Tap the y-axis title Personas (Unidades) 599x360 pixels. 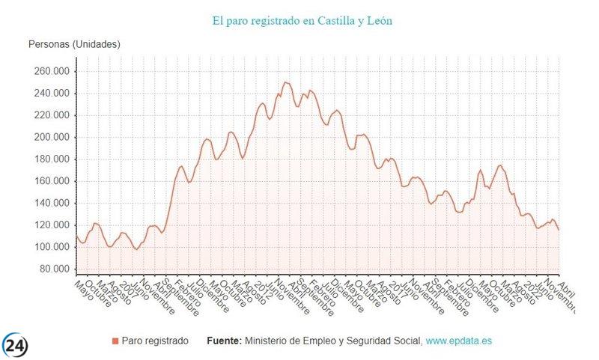(x=74, y=44)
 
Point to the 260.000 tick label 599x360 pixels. (x=50, y=71)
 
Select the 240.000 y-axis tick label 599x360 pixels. (x=50, y=94)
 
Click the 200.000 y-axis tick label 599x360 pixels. (x=50, y=138)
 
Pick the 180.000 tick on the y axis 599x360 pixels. (x=50, y=159)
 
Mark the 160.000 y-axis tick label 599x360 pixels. (x=50, y=181)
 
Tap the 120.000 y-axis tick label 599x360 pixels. (x=50, y=225)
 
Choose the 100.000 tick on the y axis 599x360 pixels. (x=50, y=248)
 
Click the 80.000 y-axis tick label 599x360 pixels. (x=53, y=269)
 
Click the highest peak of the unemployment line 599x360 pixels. (x=285, y=82)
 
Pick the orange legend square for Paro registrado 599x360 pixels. (x=115, y=341)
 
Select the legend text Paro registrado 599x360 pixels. (x=155, y=341)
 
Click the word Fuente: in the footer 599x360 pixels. (x=224, y=341)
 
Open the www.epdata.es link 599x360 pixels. (x=459, y=341)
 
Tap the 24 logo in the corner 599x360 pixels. (x=15, y=345)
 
